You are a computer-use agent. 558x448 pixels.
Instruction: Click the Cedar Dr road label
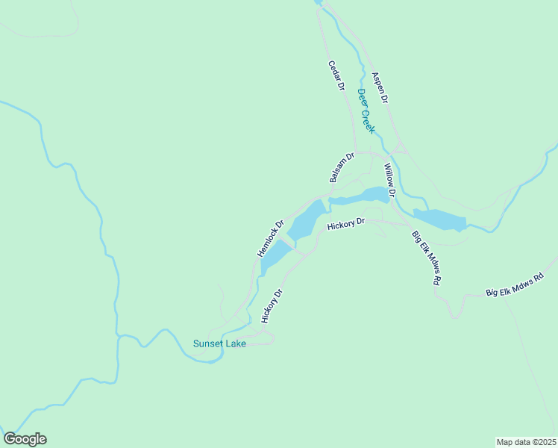point(336,75)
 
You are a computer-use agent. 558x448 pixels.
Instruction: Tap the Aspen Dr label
point(380,87)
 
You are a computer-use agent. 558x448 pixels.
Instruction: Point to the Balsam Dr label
point(340,167)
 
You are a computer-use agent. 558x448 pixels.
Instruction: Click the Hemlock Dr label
point(270,238)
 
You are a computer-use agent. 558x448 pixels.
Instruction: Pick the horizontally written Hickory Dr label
point(345,223)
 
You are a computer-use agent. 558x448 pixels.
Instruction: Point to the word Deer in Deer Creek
point(360,98)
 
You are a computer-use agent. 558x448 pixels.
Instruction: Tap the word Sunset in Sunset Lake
point(207,344)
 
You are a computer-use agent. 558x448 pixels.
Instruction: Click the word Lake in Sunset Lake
point(235,344)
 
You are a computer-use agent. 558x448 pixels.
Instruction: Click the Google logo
point(25,439)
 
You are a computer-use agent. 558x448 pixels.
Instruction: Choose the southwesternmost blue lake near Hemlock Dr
point(274,256)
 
